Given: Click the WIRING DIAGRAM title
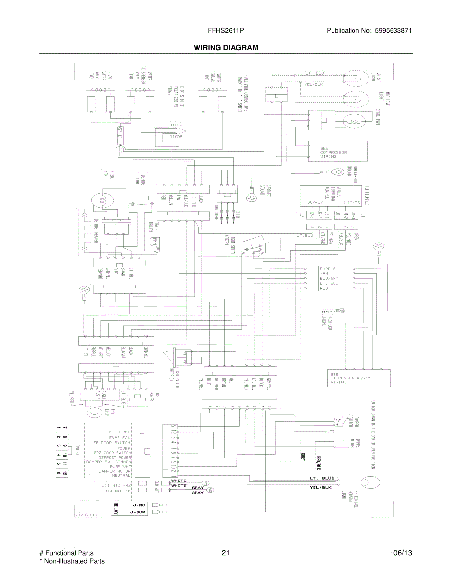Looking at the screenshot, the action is (x=226, y=48).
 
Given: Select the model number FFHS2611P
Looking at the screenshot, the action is (x=226, y=31).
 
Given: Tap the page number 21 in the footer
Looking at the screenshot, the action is (x=225, y=553).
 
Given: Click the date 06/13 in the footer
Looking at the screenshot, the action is (x=403, y=553).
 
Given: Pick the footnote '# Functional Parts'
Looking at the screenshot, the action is (x=66, y=553).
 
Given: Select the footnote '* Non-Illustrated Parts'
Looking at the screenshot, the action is (x=72, y=561).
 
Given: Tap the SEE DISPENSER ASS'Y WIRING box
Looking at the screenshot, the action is (x=359, y=378).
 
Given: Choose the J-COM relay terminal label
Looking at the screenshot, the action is (x=138, y=512).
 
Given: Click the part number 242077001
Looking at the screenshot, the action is (x=88, y=515).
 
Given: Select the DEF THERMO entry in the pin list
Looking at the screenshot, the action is (x=117, y=432).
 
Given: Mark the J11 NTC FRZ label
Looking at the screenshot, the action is (x=117, y=485).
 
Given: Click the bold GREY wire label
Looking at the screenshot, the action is (x=302, y=458).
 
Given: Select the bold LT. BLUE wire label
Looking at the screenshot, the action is (x=321, y=478).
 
